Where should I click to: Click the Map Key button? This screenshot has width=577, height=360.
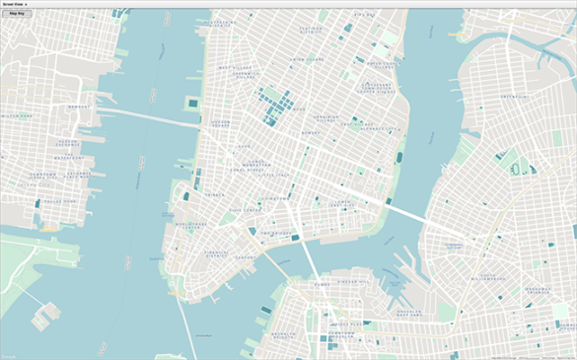point(17,14)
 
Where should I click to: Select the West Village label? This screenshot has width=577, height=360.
point(236,68)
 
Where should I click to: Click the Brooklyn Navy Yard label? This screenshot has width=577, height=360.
point(409,312)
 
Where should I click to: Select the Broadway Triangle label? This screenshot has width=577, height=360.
point(538,291)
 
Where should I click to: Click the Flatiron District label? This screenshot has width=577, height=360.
point(311,31)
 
